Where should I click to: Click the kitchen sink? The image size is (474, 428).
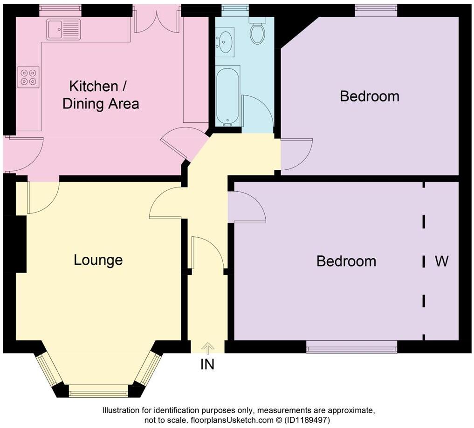(63, 30)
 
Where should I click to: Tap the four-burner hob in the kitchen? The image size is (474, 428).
(28, 77)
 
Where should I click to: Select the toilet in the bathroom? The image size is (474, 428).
(257, 32)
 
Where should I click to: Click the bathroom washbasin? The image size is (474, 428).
(225, 42)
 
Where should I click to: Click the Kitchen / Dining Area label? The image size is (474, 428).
(100, 95)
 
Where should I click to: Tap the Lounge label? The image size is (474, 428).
(98, 260)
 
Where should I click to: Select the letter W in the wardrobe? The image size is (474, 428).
(441, 261)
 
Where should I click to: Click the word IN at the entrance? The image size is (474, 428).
(207, 365)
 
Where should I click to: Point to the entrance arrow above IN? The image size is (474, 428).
(208, 347)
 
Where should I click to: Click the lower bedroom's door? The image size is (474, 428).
(248, 207)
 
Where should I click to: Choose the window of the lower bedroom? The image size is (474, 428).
(352, 347)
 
